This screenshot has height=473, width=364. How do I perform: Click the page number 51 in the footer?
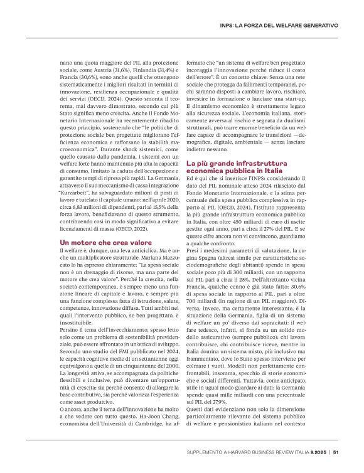click(336, 450)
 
